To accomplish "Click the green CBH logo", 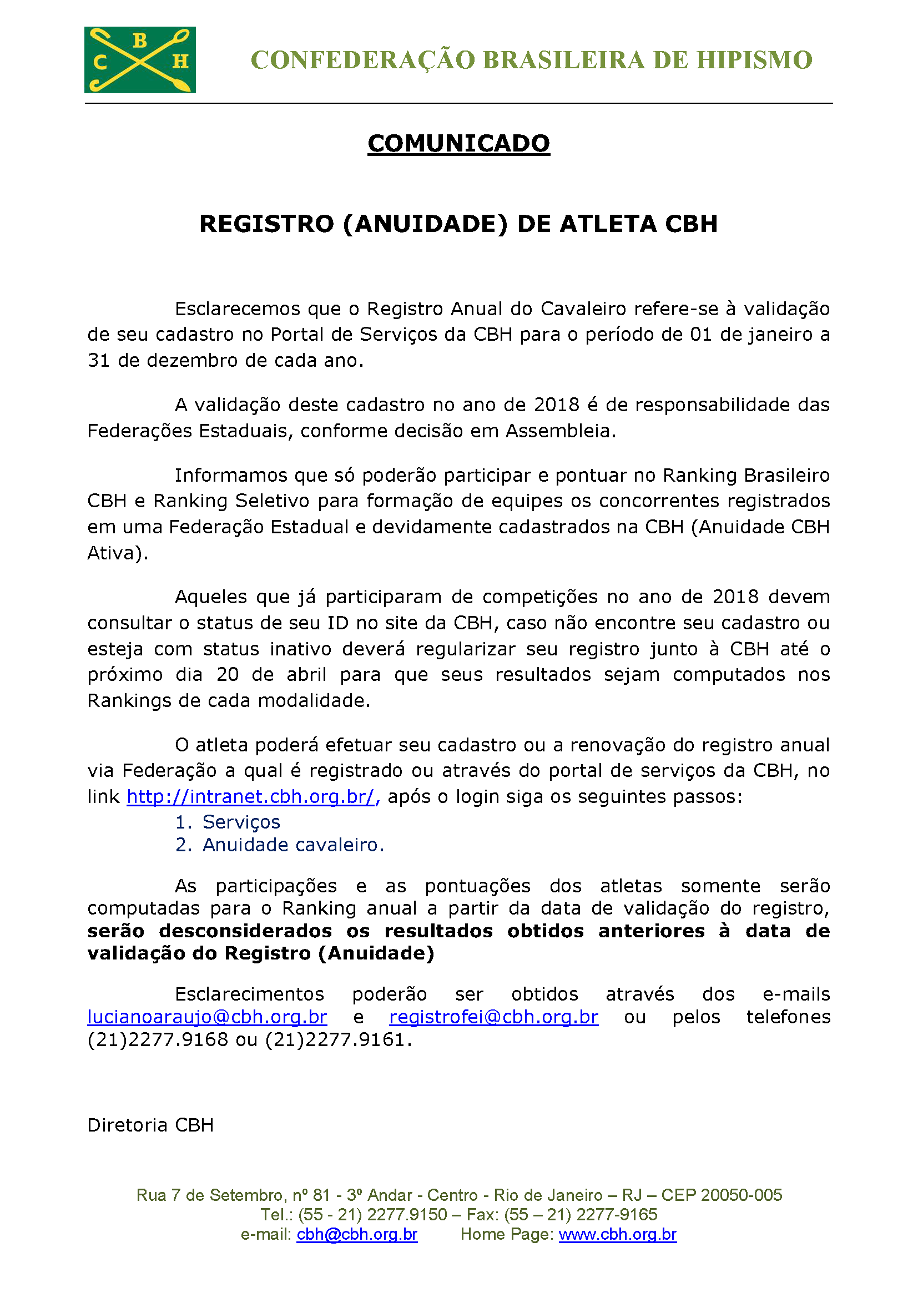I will click(x=140, y=59).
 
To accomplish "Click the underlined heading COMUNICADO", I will click(x=458, y=144).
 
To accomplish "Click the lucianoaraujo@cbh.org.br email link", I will click(x=207, y=1017).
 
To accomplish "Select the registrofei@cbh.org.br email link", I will click(x=493, y=1017).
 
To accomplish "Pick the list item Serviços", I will click(x=241, y=821).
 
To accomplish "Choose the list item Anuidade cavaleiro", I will click(x=293, y=845).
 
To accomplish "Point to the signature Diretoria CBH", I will click(x=150, y=1125).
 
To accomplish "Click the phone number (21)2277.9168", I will click(x=158, y=1039).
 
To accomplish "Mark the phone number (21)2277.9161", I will click(x=335, y=1039).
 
